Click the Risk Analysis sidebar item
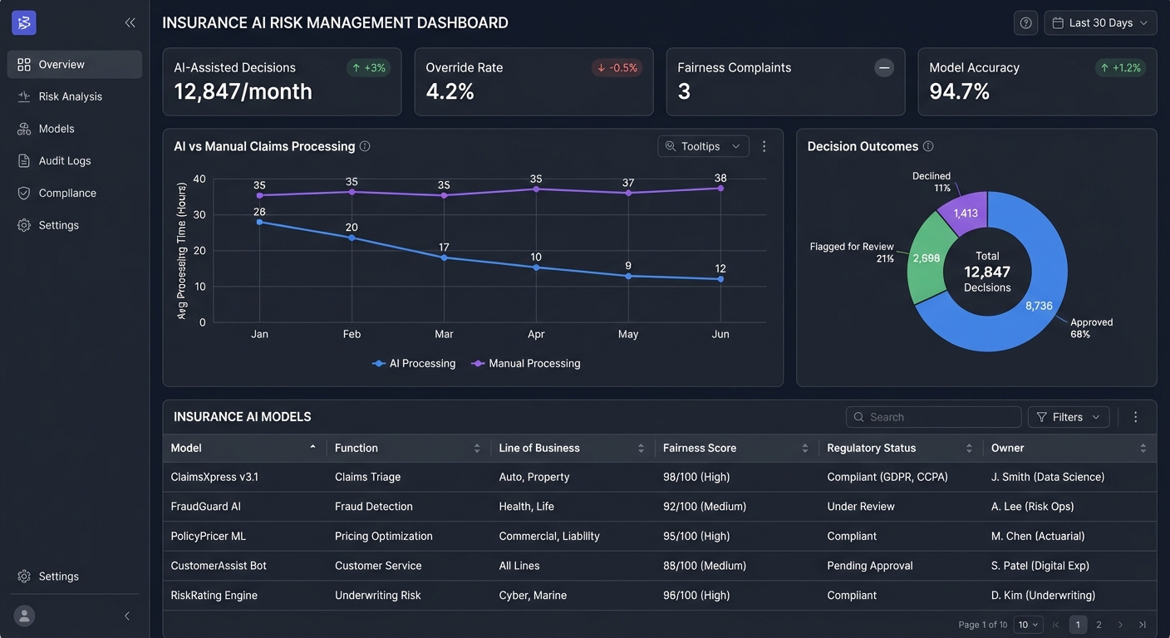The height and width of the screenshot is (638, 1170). point(70,96)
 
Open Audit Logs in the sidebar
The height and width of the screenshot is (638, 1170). point(65,161)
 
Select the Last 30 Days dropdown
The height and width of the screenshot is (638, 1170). point(1100,23)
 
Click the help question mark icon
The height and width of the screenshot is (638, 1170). point(1025,23)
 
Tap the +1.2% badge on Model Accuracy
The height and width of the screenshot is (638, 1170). point(1121,68)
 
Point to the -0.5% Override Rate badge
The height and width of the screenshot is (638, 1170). point(617,68)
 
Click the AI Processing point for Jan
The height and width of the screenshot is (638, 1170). point(260,222)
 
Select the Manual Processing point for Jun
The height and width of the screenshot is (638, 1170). point(720,189)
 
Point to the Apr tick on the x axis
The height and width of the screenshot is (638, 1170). point(536,334)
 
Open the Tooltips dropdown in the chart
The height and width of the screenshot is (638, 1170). point(703,146)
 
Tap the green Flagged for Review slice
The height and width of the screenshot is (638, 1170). point(926,258)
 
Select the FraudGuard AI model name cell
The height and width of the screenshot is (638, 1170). point(205,507)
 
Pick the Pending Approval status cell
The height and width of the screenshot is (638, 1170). point(870,566)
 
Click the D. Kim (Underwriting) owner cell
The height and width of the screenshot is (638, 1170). point(1043,596)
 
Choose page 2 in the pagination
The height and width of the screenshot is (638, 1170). point(1099,625)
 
